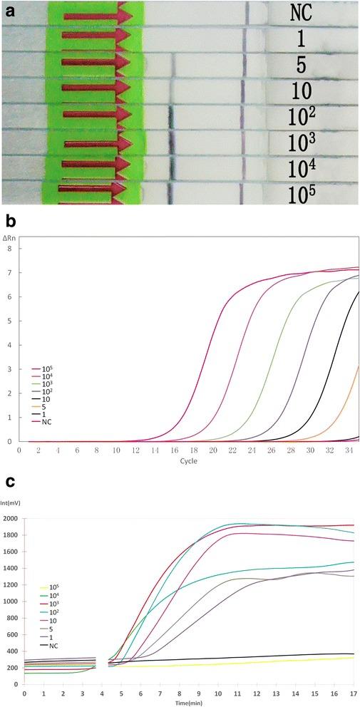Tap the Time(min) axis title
tap(192, 702)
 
